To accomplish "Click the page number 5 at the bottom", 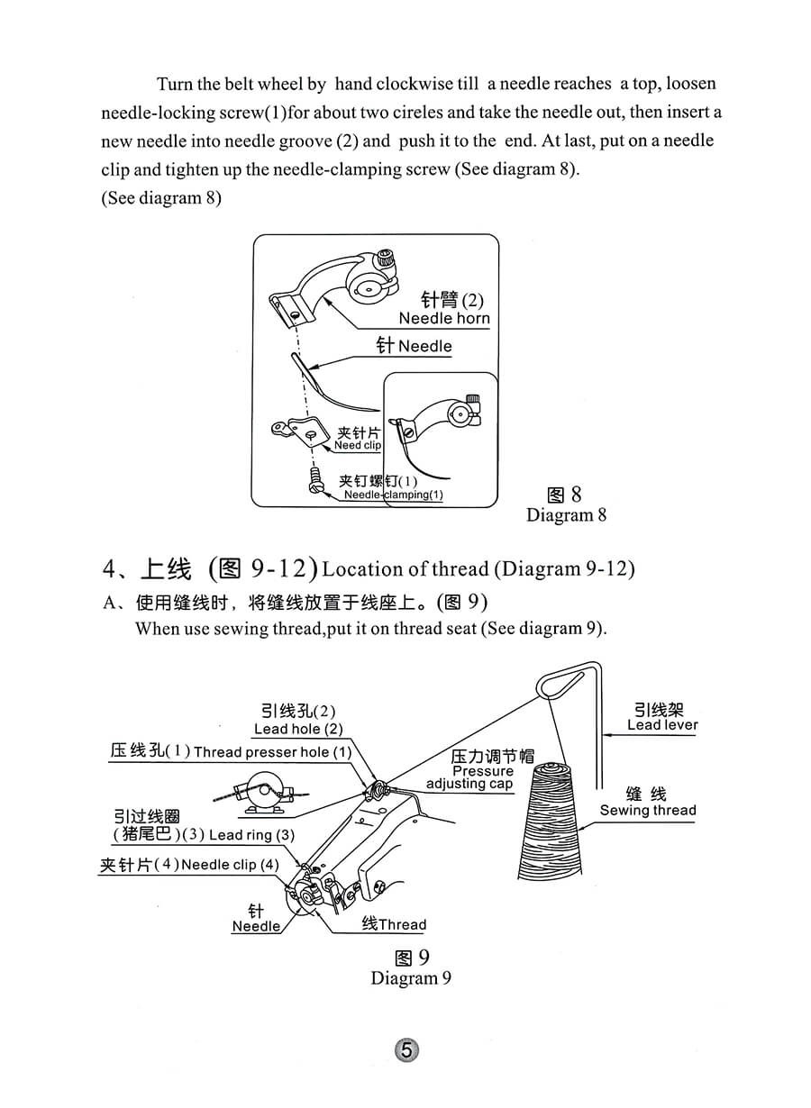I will (x=406, y=1050).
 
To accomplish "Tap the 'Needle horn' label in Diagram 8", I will (x=444, y=318).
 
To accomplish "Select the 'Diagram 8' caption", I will (x=566, y=515).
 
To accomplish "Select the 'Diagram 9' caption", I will (x=410, y=978).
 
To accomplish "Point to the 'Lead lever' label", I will (x=662, y=724).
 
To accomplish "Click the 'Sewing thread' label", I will (x=648, y=810).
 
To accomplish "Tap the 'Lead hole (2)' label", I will (x=298, y=729).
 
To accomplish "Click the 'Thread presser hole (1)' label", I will (x=272, y=751).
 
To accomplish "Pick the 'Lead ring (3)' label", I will (x=251, y=835).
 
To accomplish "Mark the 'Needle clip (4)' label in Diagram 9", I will (x=230, y=865).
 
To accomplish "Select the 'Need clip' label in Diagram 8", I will (x=358, y=445).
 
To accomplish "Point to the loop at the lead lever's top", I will (x=553, y=685).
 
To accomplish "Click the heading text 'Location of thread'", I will (x=405, y=569).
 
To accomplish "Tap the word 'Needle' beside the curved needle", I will (x=425, y=346).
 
